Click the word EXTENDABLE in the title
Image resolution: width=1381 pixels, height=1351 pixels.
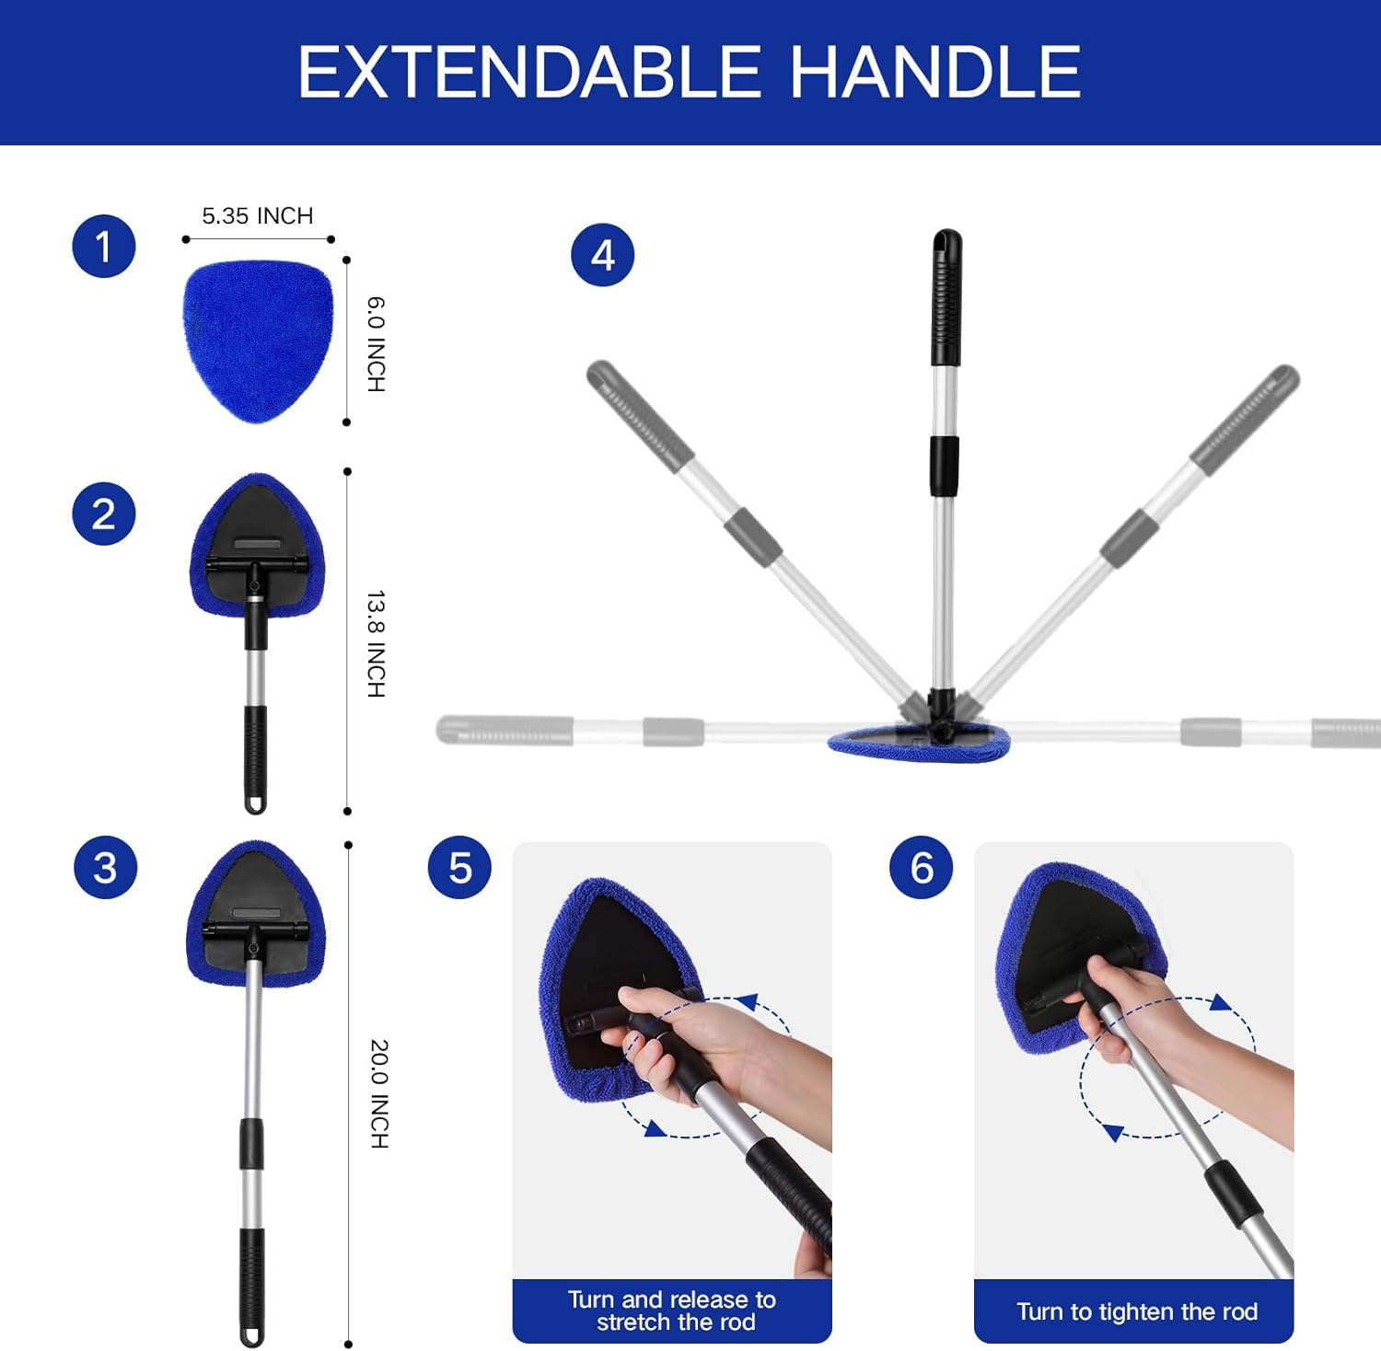click(x=528, y=73)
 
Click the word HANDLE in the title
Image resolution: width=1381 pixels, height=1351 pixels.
click(x=935, y=73)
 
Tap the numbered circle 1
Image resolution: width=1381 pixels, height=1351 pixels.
click(x=104, y=247)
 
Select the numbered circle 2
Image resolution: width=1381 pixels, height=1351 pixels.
click(x=104, y=514)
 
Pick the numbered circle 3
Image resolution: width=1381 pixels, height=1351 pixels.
click(x=105, y=868)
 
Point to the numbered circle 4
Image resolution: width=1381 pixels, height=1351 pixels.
click(x=603, y=255)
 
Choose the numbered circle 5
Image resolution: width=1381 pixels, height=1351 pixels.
click(x=459, y=868)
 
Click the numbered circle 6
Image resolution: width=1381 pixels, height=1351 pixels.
click(x=922, y=868)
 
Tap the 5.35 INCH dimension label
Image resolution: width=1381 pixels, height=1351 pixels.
click(x=258, y=216)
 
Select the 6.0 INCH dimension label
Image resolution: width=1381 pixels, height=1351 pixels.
click(x=377, y=344)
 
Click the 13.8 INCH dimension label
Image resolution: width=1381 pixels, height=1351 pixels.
click(x=377, y=643)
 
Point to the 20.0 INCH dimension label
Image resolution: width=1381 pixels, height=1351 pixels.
click(x=378, y=1093)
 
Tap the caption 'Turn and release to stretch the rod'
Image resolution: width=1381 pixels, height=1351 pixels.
click(x=672, y=1311)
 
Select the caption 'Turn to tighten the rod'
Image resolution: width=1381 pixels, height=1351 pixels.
click(x=1136, y=1311)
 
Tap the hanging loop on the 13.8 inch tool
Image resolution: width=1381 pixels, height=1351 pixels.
click(x=255, y=803)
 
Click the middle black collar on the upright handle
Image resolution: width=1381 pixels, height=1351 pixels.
click(x=944, y=466)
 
